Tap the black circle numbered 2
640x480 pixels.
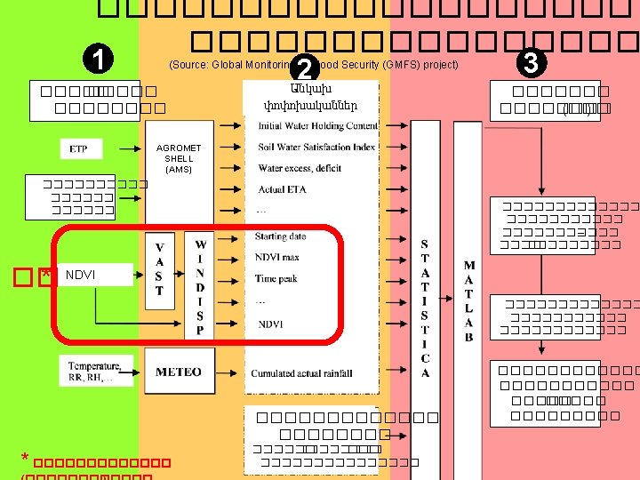(305, 67)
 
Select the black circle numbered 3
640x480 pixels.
(532, 63)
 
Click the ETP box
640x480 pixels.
(79, 148)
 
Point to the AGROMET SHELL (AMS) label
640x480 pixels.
(178, 157)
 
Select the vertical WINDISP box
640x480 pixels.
(200, 285)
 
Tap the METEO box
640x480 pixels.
(178, 372)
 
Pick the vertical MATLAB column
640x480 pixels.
(468, 300)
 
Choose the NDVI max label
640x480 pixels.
(277, 257)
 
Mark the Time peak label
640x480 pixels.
(276, 278)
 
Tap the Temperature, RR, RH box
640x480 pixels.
(96, 371)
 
